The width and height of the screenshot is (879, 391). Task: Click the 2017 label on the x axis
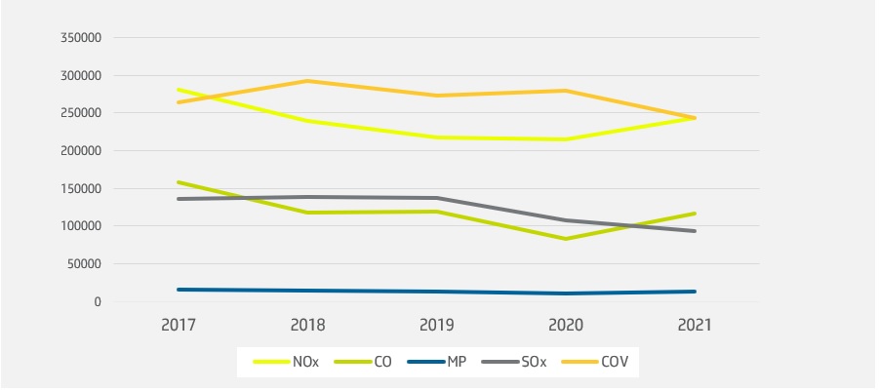click(x=179, y=326)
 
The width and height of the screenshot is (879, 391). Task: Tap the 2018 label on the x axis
click(x=307, y=326)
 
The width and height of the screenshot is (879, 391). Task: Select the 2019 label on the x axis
click(x=437, y=326)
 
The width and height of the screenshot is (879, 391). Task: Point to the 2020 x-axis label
click(x=566, y=326)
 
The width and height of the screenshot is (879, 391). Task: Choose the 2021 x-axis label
click(x=695, y=326)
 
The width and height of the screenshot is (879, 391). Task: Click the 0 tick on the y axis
click(x=98, y=302)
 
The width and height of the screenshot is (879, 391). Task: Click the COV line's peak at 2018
click(x=307, y=81)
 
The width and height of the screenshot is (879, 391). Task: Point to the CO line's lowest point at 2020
click(x=566, y=239)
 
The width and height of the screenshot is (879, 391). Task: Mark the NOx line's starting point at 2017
click(x=179, y=90)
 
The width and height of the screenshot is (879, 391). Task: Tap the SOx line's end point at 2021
click(x=695, y=231)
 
